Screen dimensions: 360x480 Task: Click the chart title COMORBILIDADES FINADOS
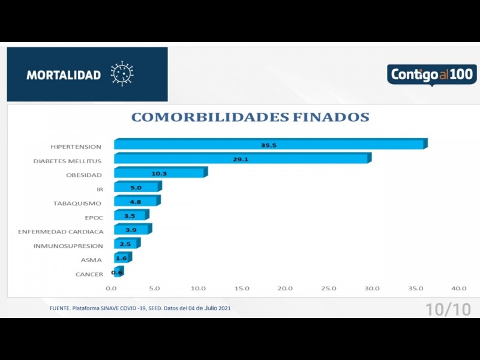coord(250,117)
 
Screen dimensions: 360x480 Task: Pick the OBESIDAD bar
coord(160,173)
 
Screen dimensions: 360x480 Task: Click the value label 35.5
coord(269,145)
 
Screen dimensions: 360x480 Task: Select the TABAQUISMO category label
coord(77,203)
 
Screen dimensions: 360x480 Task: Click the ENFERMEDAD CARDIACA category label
coord(61,232)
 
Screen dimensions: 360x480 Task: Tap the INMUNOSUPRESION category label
coord(68,246)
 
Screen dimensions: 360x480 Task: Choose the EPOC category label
coord(94,217)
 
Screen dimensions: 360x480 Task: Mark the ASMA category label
coord(92,260)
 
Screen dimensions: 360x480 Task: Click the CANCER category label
coord(89,274)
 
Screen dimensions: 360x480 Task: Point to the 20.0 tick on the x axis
coord(285,289)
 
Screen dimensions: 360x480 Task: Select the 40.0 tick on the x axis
coord(459,289)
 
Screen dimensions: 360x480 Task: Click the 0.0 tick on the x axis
coord(111,289)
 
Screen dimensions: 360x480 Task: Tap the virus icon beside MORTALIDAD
coord(122,74)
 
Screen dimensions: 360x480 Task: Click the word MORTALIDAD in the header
coord(64,75)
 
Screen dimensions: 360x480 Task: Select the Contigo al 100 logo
coord(431,75)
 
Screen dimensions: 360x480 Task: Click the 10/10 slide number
coord(448,310)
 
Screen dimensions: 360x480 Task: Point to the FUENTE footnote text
coord(140,308)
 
